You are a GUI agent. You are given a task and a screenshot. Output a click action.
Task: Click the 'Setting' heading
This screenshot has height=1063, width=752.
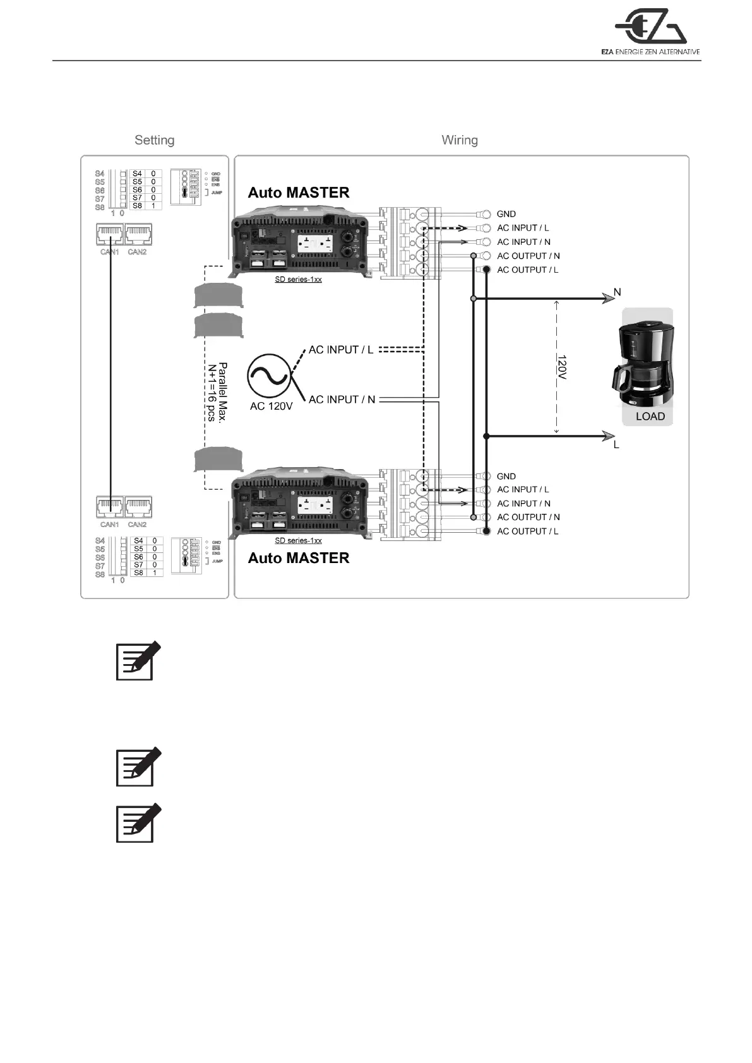coord(154,140)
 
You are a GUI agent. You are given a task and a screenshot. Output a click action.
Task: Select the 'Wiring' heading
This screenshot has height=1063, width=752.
coord(459,140)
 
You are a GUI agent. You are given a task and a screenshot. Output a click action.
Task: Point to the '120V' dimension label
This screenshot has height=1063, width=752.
coord(561,367)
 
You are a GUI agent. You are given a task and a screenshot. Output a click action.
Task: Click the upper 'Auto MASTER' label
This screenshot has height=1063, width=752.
coord(298,193)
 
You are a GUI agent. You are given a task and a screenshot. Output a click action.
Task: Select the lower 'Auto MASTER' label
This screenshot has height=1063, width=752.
coord(298,558)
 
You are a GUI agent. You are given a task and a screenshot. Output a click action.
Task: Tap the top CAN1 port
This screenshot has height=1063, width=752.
coord(109,235)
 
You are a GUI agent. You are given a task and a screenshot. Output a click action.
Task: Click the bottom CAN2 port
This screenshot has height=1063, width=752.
coord(138,508)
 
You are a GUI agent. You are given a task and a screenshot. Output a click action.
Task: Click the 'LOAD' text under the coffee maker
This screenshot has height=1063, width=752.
coord(650,416)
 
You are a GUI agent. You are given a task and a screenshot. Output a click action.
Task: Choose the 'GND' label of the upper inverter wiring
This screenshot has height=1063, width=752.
coord(506,214)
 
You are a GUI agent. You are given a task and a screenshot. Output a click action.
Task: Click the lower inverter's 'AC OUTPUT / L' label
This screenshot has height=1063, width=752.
coord(527,531)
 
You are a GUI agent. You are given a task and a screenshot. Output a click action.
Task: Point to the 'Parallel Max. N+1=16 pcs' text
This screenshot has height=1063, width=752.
coord(217,392)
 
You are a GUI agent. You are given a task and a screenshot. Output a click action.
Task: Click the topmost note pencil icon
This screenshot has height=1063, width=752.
coord(138,661)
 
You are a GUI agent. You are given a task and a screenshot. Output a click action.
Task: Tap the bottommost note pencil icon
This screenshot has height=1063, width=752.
coord(138,823)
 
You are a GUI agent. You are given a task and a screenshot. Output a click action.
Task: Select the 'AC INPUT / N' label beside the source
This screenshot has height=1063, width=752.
coord(342,400)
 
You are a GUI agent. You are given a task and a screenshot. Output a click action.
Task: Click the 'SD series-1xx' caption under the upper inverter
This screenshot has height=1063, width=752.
coord(298,279)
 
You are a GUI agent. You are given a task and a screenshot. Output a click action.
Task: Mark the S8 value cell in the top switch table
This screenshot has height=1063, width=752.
coord(153,206)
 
